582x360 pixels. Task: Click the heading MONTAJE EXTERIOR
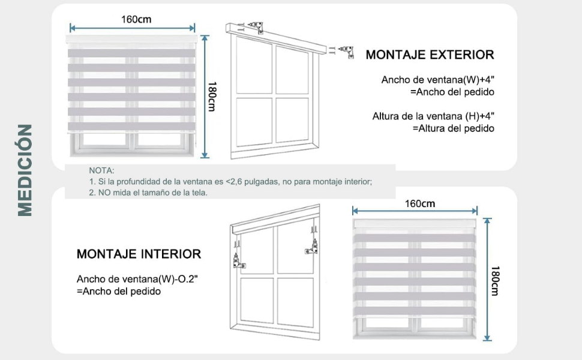pos(430,55)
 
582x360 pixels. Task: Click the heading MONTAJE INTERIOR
pos(139,254)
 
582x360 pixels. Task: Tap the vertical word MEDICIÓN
pos(25,170)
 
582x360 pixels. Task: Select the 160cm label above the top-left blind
pos(136,19)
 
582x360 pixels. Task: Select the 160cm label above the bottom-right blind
pos(419,203)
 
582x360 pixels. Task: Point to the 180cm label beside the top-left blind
pos(211,96)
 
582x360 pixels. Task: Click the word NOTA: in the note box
pos(101,171)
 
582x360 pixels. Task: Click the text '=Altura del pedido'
pos(453,128)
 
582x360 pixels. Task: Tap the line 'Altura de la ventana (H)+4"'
pos(433,116)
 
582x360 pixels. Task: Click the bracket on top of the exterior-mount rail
pos(257,28)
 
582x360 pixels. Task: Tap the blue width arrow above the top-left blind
pos(133,28)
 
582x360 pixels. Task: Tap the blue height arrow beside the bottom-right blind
pos(487,280)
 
